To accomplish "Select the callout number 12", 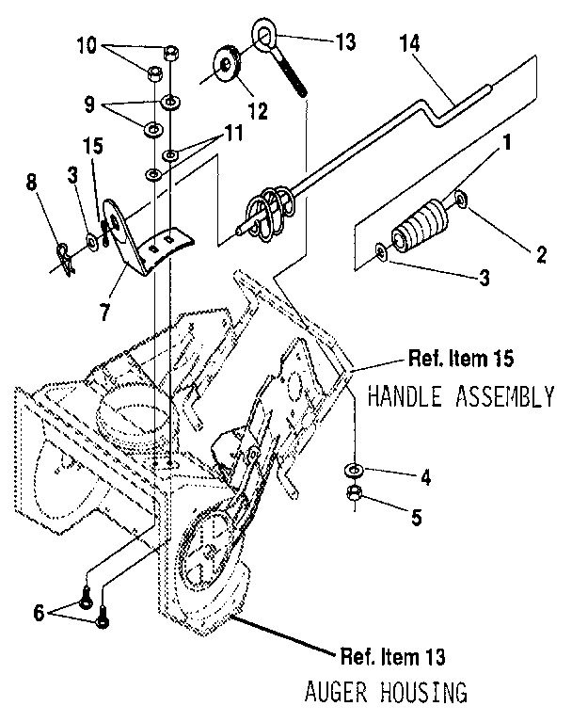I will pos(256,110).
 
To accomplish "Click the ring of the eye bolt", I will pos(262,37).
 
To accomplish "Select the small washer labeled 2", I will pos(460,199).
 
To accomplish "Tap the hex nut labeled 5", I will pos(357,492).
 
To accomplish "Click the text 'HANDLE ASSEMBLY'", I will pos(460,395).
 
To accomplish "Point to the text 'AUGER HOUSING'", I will pos(386,693).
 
